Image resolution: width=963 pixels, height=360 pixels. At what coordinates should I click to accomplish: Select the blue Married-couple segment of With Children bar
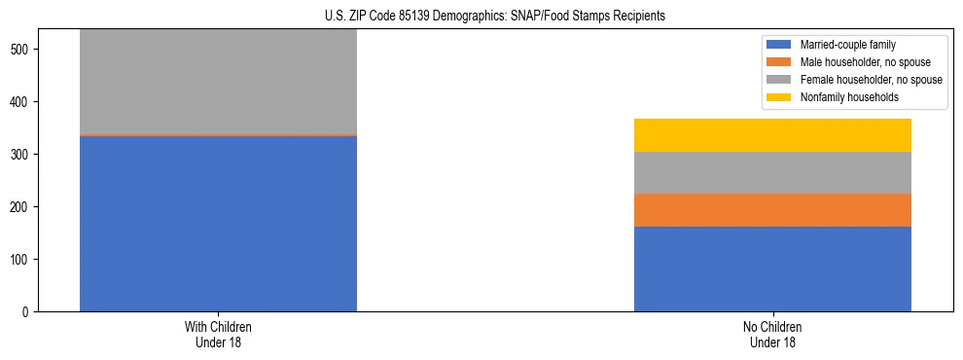pos(218,224)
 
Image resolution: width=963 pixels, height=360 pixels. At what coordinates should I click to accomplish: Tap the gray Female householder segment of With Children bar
pos(218,82)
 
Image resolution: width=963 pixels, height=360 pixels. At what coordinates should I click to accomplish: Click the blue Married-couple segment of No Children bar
pos(772,269)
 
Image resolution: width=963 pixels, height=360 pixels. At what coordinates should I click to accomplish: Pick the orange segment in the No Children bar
pos(772,210)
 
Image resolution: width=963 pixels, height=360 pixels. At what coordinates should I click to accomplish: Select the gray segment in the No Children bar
pos(772,173)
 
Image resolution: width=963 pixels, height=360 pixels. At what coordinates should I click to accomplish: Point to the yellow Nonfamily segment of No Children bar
pos(772,135)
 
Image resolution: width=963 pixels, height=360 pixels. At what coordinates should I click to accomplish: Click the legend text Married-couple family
pos(849,45)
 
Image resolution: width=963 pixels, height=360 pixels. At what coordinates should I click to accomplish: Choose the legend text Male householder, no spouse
pos(863,62)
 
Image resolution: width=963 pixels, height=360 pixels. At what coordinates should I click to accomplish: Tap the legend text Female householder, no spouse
pos(871,80)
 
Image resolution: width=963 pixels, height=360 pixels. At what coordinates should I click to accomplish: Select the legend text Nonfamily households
pos(850,97)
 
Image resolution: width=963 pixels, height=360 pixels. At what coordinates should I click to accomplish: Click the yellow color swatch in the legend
pos(779,97)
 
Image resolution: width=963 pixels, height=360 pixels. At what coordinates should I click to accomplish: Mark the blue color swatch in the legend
pos(779,45)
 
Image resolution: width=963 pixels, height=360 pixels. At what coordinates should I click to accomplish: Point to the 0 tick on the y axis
pos(27,312)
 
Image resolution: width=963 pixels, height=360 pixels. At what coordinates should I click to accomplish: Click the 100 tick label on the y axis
pos(20,260)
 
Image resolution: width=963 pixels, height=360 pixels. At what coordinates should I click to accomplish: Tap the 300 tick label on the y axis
pos(20,155)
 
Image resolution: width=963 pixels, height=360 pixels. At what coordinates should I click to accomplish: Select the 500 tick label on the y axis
pos(20,50)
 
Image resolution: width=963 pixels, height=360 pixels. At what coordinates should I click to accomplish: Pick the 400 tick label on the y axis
pos(20,102)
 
